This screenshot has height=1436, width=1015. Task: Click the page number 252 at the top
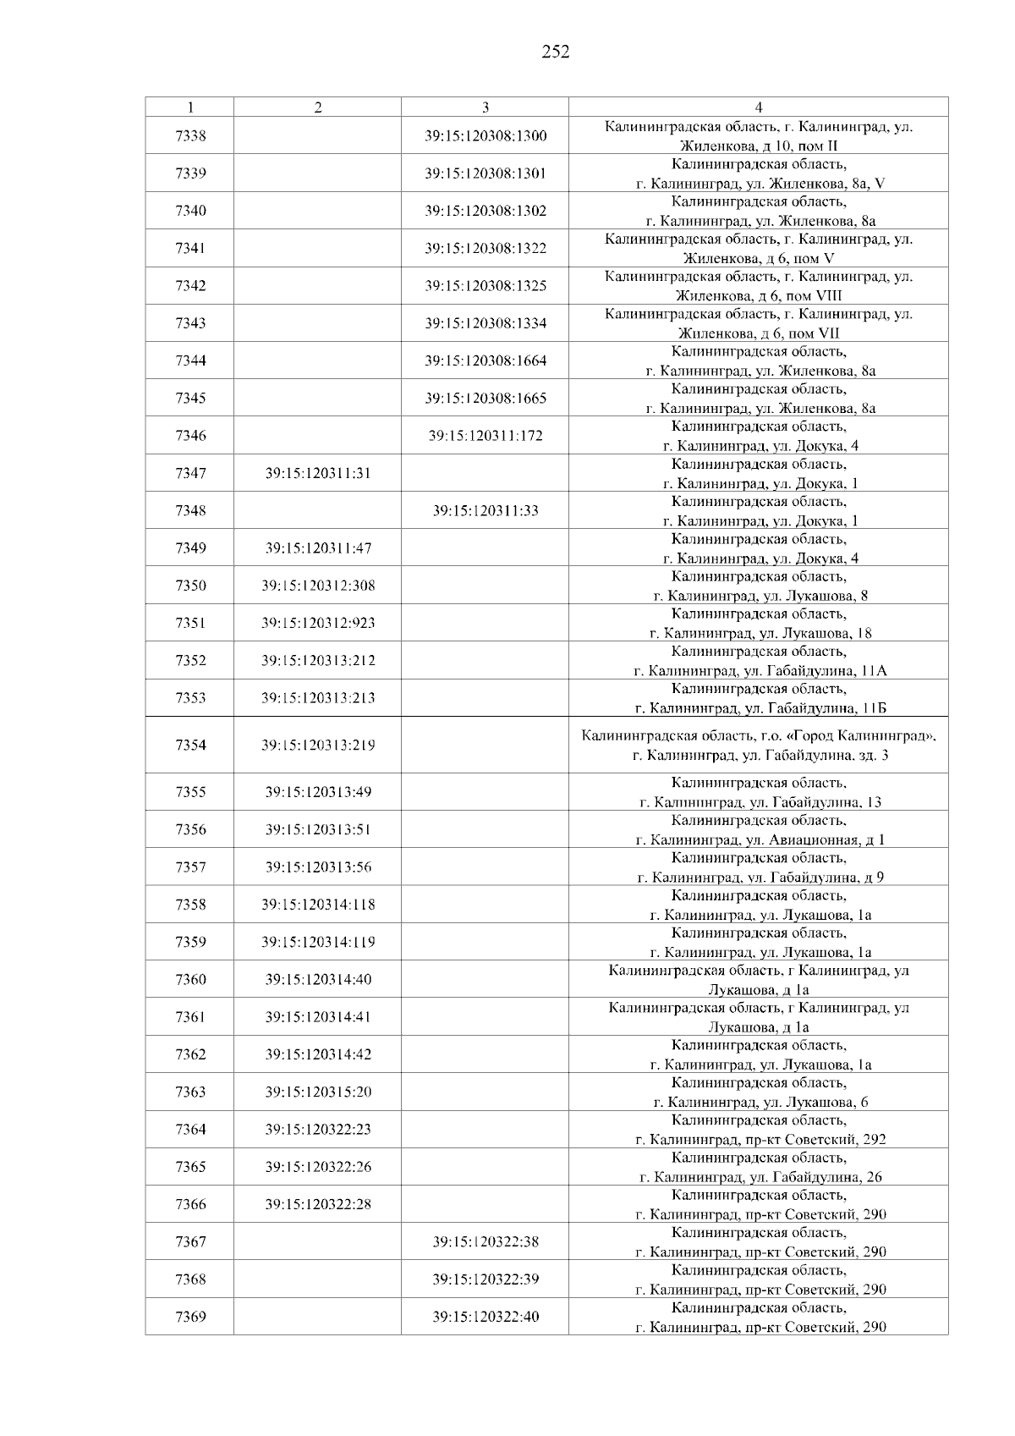555,52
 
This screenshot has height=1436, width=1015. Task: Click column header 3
485,107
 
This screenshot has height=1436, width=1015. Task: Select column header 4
758,107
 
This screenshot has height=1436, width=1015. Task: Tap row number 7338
190,135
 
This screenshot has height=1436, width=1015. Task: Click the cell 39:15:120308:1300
486,135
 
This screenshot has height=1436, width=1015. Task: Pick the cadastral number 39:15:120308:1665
486,398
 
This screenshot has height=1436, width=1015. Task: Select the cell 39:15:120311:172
486,436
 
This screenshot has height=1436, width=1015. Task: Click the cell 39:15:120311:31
318,473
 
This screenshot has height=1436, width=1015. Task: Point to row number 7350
190,586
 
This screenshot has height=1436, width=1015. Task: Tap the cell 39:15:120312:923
318,623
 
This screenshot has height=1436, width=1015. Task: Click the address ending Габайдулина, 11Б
760,699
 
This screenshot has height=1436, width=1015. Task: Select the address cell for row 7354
760,746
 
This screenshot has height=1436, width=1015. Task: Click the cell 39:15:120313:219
318,746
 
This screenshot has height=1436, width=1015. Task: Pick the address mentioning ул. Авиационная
760,830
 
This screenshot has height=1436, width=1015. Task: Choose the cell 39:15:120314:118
318,905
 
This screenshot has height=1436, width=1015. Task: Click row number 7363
190,1092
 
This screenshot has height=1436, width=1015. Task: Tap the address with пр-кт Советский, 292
760,1130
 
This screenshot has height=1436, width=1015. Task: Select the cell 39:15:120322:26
318,1167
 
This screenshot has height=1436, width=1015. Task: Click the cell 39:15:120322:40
486,1317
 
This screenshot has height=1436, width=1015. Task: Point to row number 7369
190,1317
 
